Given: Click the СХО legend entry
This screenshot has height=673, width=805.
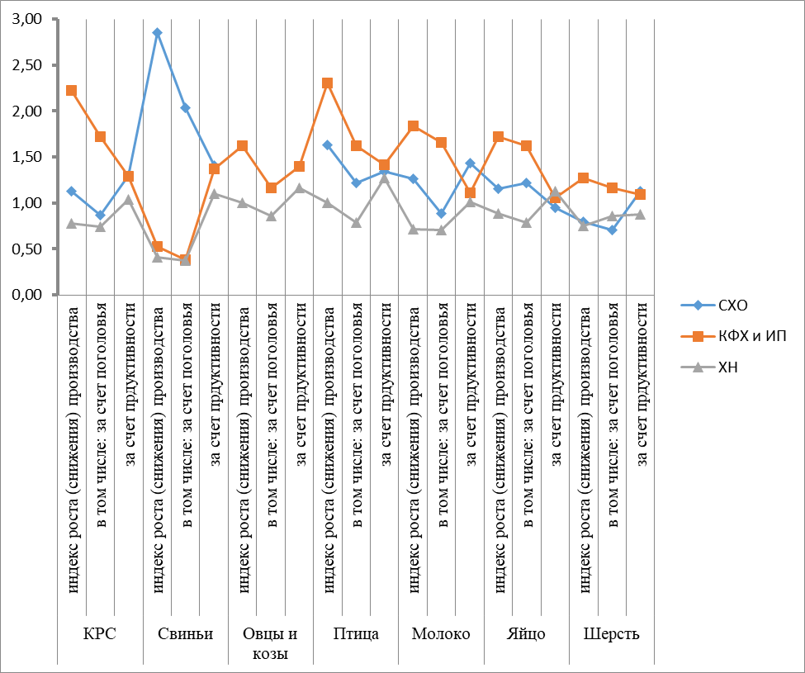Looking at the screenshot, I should tap(731, 306).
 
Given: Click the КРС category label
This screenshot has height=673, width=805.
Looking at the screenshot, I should tap(100, 634).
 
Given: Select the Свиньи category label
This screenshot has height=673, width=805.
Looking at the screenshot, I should tap(186, 634).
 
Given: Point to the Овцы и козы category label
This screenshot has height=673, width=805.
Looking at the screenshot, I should tap(271, 643).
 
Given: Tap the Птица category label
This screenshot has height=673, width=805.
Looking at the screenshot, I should tap(356, 634).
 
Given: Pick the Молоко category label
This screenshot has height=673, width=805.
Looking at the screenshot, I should tap(441, 634).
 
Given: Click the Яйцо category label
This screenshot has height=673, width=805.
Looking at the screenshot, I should tap(526, 634).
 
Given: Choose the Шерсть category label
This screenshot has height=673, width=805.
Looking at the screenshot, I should tap(611, 634).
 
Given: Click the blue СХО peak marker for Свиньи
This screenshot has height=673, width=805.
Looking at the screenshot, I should tap(157, 33).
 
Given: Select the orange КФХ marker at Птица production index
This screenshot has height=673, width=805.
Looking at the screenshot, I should tap(327, 83).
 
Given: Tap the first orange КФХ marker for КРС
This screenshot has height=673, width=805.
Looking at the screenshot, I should tap(72, 91).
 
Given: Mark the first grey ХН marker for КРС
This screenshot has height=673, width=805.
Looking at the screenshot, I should tap(72, 224).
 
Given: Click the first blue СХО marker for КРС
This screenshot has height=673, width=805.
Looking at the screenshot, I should tap(72, 192).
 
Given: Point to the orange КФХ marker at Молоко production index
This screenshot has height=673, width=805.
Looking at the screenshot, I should tap(413, 126).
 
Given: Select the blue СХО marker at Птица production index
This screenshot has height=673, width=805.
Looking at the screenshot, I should tap(327, 145).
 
